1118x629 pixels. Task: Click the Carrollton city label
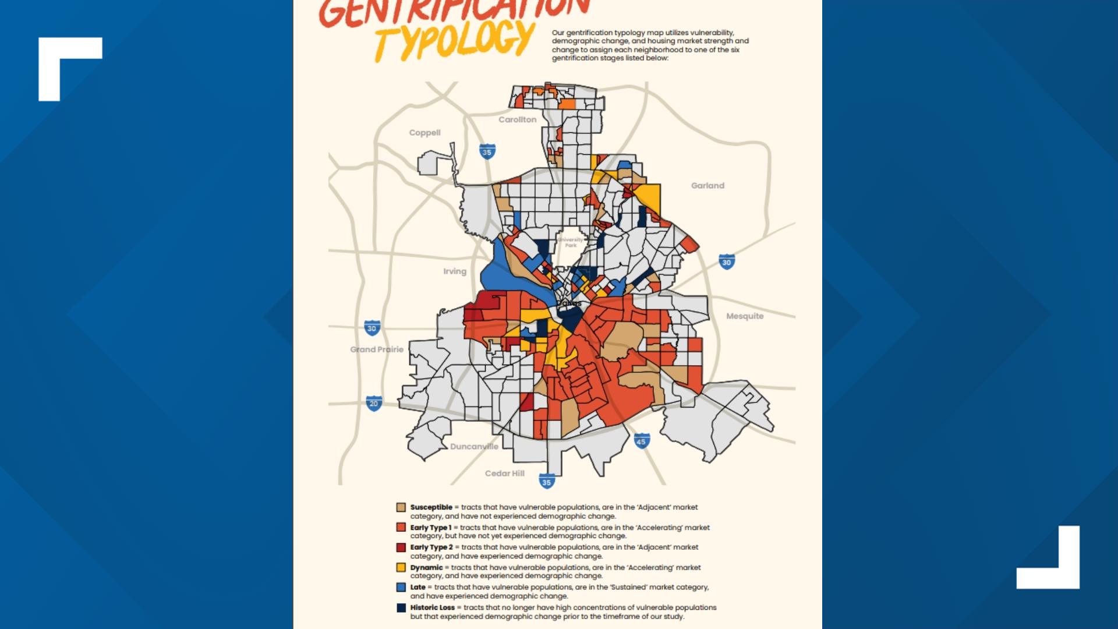pos(517,119)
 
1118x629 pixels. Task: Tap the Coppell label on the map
pos(424,133)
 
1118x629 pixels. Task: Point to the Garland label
pos(707,186)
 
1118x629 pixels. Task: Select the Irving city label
pos(454,271)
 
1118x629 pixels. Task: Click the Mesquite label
pos(744,316)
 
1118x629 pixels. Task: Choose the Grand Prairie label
pos(376,349)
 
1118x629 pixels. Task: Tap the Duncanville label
pos(474,447)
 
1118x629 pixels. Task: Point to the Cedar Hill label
pos(504,473)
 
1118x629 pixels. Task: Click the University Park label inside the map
pos(571,242)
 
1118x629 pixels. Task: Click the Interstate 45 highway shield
pos(641,441)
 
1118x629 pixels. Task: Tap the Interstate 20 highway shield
pos(374,403)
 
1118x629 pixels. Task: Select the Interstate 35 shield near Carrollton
pos(487,151)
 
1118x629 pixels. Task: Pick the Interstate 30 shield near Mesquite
pos(726,262)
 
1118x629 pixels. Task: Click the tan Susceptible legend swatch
pos(401,507)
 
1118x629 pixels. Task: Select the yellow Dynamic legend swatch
pos(401,567)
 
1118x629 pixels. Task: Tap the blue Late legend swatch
pos(401,587)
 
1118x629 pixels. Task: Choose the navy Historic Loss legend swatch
pos(401,607)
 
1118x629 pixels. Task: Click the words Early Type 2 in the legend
pos(431,547)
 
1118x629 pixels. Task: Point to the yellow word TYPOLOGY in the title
pos(454,41)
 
